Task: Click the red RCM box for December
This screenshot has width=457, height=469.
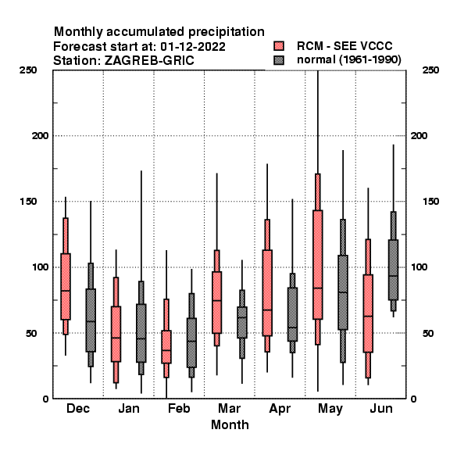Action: point(66,287)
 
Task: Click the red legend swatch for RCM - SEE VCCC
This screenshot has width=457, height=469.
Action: point(279,46)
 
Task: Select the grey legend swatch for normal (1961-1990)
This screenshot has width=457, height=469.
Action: point(279,60)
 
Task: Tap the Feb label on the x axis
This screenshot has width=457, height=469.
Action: point(179,408)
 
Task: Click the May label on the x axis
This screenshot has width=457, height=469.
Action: point(330,409)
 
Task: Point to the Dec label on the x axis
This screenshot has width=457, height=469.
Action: point(78,408)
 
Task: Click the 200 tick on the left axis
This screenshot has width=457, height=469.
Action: point(40,136)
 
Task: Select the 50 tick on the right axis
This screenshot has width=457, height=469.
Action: point(428,333)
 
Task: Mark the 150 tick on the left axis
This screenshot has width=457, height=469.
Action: point(28,202)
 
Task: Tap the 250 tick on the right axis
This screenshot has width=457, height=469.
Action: point(430,70)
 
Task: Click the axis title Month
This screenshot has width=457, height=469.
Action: point(230,424)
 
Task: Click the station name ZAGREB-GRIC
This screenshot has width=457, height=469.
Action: point(149,60)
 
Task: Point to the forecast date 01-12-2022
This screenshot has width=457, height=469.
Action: point(193,47)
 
